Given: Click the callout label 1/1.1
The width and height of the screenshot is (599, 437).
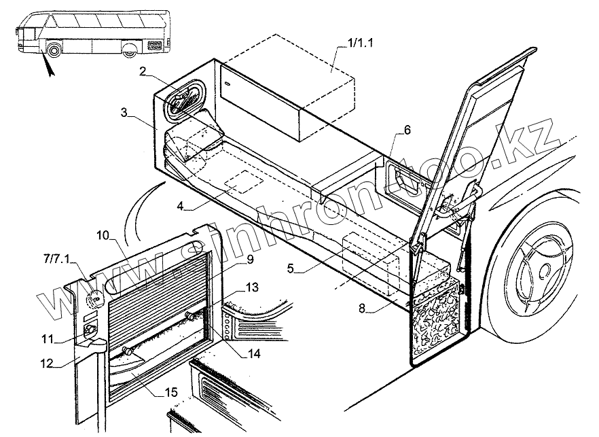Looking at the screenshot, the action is pos(360,43).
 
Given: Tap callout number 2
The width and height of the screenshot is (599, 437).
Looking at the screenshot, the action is pos(143,71).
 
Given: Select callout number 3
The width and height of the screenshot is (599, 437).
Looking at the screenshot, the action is pos(124,113).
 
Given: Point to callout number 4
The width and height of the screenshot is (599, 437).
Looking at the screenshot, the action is pos(181,206).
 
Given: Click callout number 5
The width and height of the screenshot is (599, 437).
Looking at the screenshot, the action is pos(291,268).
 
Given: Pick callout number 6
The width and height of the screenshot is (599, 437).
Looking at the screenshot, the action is pos(407,130).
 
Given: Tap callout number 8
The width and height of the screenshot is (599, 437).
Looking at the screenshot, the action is pos(362,308).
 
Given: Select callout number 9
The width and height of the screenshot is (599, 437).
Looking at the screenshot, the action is pos(250,260).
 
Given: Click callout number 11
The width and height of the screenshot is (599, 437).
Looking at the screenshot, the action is pos(48,338).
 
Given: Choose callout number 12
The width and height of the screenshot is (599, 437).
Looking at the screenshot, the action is pos(48,363).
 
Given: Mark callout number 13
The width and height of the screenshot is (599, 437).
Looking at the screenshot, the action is pos(252,287).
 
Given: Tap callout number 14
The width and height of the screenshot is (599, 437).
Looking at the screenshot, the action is pos(253,353).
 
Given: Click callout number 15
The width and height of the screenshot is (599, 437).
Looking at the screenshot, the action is pos(170,392).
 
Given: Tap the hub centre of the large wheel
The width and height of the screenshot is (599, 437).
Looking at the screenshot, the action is pos(543,272).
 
